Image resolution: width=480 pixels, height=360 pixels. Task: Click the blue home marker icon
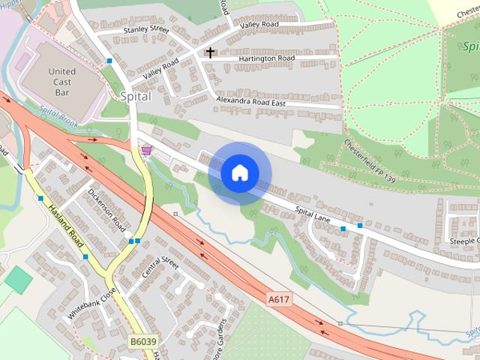click(238, 173)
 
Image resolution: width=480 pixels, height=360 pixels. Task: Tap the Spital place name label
click(135, 97)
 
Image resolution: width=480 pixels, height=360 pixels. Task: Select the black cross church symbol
click(210, 52)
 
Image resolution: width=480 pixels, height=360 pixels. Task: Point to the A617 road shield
click(278, 299)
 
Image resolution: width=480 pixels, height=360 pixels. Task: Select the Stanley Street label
click(146, 28)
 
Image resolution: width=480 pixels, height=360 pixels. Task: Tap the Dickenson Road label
click(106, 209)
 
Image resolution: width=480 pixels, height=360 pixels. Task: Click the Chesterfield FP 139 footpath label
click(369, 162)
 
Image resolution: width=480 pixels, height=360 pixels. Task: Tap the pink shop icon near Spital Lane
click(146, 151)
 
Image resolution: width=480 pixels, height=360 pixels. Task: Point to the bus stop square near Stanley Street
click(109, 60)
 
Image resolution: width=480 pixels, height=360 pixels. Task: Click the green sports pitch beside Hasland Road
click(19, 280)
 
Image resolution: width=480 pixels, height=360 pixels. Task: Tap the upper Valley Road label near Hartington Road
click(259, 25)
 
